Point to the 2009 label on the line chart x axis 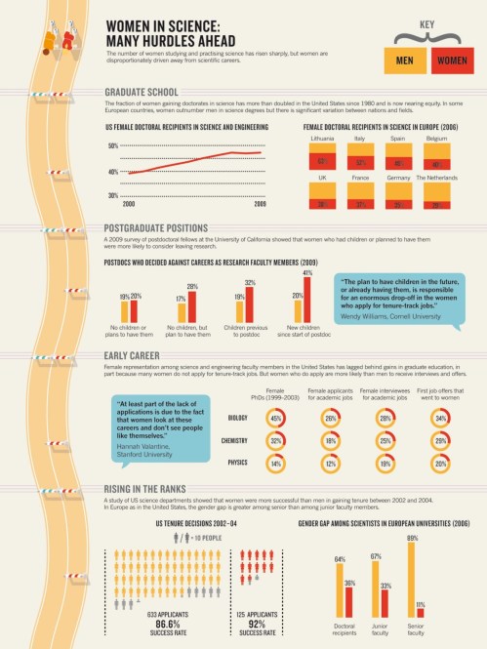coord(260,206)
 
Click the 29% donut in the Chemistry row coord(440,441)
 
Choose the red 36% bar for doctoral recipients coord(349,600)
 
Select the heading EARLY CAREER coord(132,356)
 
